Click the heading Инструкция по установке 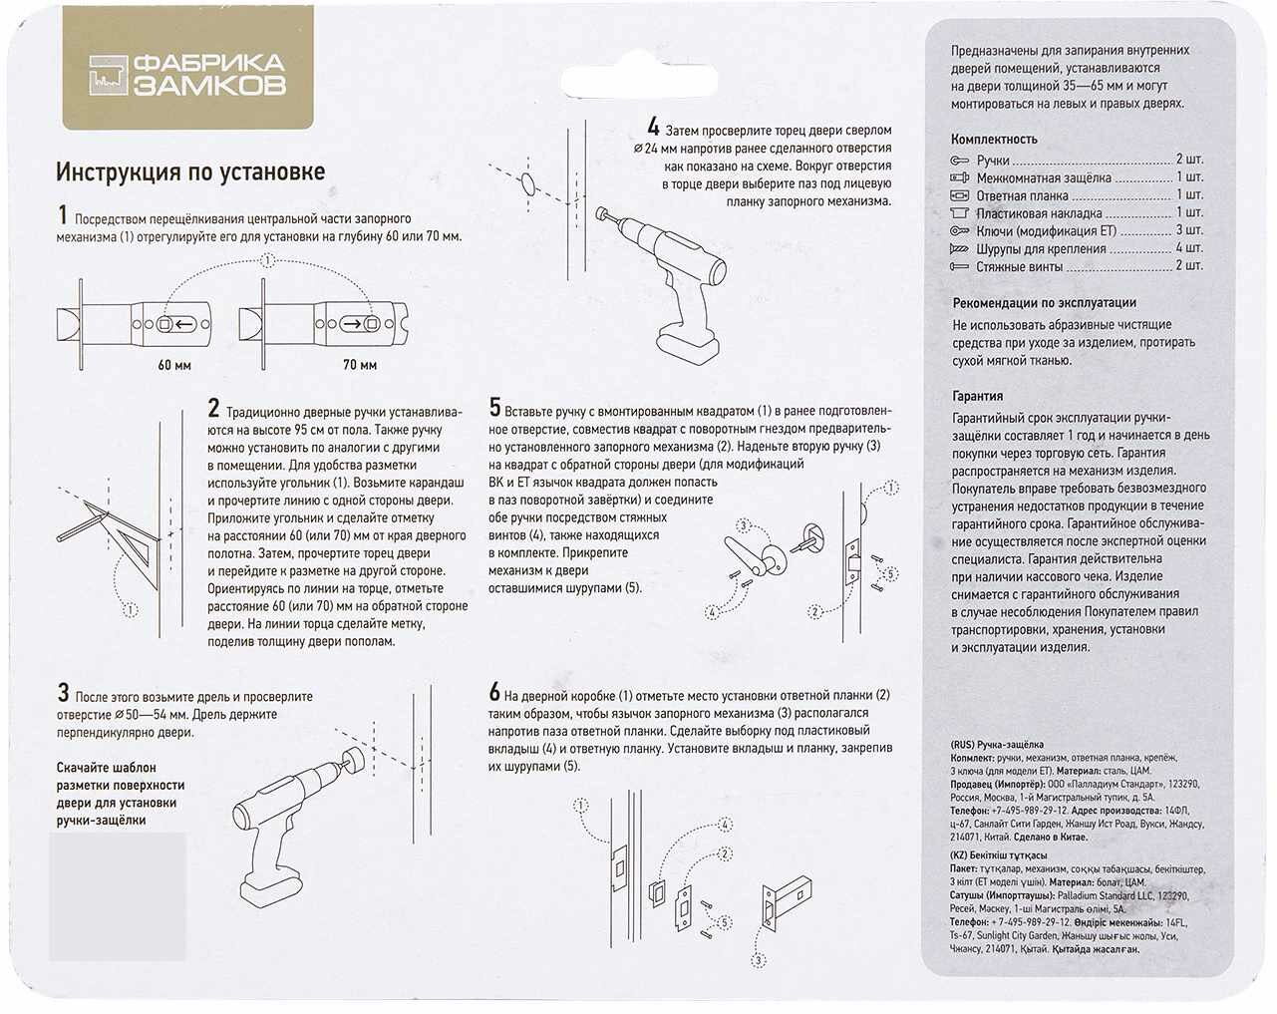189,172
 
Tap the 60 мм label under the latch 174,365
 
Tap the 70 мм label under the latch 359,365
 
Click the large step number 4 653,128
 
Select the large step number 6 494,692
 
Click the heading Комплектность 994,140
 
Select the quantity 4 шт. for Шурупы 1188,248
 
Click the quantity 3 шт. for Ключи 1188,230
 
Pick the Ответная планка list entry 1022,195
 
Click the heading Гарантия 977,396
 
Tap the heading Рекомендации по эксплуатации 1044,303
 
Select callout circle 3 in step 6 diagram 758,961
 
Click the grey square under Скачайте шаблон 118,895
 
